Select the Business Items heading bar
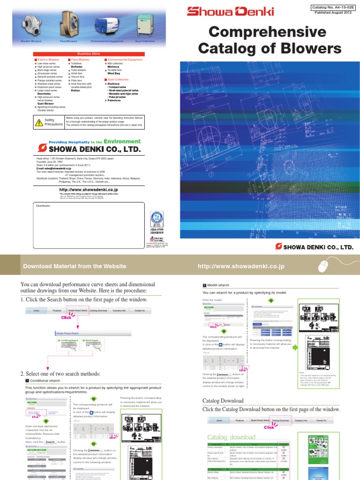[89, 54]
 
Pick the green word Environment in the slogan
[122, 141]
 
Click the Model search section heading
[218, 285]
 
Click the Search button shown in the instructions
[50, 429]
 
